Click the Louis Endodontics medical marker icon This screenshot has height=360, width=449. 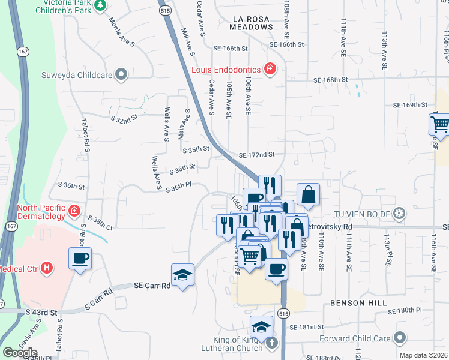pos(270,69)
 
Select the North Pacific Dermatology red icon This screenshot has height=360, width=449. pos(74,211)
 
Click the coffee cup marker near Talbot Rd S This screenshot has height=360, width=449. pos(80,259)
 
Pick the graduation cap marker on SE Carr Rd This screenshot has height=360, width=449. pos(182,275)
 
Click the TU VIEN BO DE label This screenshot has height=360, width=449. pos(362,213)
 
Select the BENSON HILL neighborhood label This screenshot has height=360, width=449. pos(358,303)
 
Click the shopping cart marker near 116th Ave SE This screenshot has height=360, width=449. pos(440,124)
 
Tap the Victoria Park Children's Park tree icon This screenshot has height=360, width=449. pos(100,5)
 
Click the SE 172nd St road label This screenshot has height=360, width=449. pos(256,155)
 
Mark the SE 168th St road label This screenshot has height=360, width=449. pos(330,80)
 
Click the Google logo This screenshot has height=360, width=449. pos(20,353)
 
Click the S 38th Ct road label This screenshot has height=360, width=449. pos(100,223)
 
